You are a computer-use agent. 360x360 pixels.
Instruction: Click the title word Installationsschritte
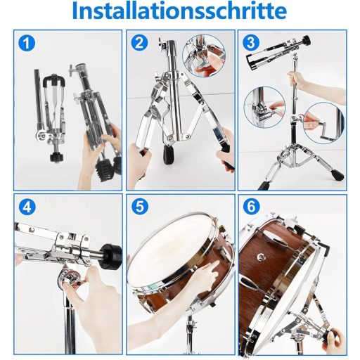[180, 12]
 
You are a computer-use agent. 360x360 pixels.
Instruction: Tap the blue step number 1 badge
[26, 44]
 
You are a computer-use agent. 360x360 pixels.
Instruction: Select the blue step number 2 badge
[140, 43]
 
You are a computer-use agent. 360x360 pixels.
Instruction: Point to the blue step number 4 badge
[26, 209]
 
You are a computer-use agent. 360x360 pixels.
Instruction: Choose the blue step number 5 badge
[140, 209]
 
